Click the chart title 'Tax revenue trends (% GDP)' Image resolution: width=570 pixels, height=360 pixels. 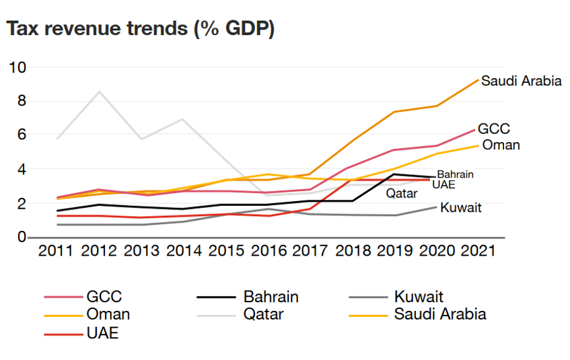[x=140, y=29]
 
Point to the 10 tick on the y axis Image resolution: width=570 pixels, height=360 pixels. [x=17, y=67]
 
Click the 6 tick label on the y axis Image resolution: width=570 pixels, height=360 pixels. [x=21, y=135]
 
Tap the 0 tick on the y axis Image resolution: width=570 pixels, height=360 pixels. [x=21, y=238]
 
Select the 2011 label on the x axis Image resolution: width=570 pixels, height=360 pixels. [x=57, y=251]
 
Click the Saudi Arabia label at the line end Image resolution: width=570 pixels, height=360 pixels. [x=522, y=81]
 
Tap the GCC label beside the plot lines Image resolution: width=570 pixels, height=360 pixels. [x=494, y=129]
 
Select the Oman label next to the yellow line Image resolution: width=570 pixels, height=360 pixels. [x=501, y=145]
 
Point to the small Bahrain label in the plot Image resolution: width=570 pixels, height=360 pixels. [x=456, y=174]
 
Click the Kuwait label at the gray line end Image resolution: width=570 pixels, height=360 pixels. [x=461, y=207]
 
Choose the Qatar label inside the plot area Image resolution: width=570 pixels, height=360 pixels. [x=402, y=194]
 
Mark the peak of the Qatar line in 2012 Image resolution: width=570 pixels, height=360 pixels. [x=100, y=92]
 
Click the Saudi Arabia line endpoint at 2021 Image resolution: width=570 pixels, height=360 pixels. [x=478, y=79]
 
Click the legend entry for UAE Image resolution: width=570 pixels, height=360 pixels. [x=102, y=333]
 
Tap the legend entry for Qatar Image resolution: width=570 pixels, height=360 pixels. [x=263, y=314]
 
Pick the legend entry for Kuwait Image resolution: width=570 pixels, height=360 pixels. [x=418, y=297]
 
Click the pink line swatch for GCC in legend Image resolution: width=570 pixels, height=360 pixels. [x=61, y=297]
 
